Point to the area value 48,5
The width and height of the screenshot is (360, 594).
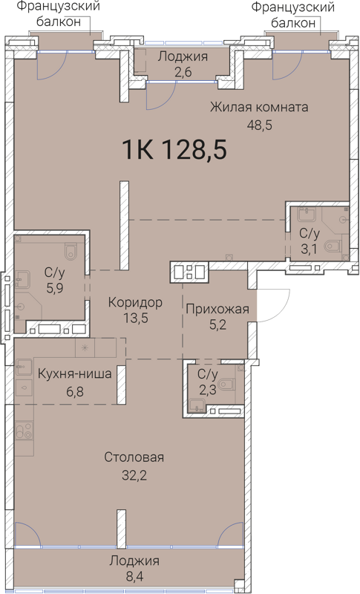pyautogui.click(x=259, y=125)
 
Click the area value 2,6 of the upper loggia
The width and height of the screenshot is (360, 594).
pyautogui.click(x=182, y=73)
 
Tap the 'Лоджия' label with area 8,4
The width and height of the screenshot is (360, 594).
pyautogui.click(x=134, y=561)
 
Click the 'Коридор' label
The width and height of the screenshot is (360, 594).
pyautogui.click(x=134, y=303)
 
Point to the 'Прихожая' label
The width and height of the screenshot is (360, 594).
pyautogui.click(x=217, y=309)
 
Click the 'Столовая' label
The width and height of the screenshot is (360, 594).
pyautogui.click(x=134, y=457)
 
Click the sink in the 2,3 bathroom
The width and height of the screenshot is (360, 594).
pyautogui.click(x=196, y=405)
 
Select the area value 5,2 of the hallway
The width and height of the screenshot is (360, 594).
pyautogui.click(x=217, y=325)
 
